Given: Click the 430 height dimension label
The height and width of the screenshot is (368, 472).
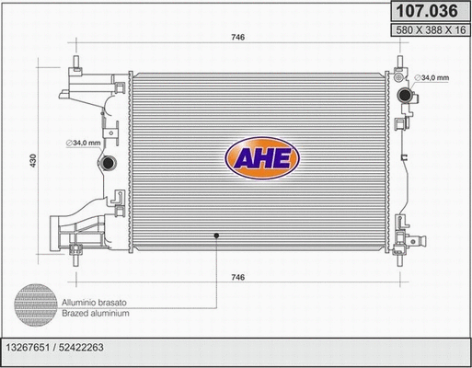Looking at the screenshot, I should [x=34, y=159].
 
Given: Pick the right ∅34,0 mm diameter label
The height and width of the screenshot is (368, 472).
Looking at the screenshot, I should [x=433, y=77].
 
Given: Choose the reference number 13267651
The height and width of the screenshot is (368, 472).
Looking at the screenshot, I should [x=34, y=349].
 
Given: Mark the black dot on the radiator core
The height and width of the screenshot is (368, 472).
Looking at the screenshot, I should [x=217, y=236].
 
